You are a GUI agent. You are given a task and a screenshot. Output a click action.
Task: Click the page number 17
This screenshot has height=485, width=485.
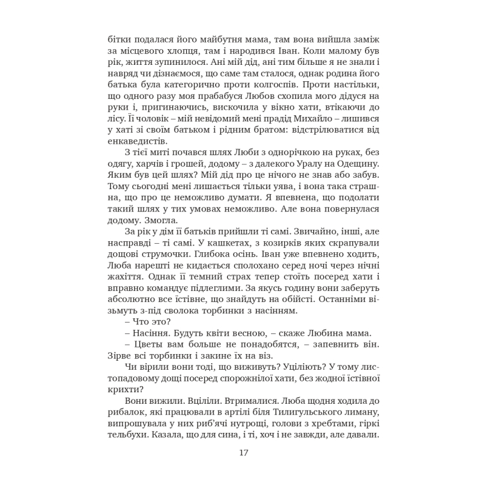click(x=244, y=452)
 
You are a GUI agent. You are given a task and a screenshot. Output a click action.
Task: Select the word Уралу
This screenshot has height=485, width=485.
click(x=309, y=163)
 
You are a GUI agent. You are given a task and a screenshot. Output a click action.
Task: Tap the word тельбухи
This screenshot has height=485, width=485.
click(x=127, y=435)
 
